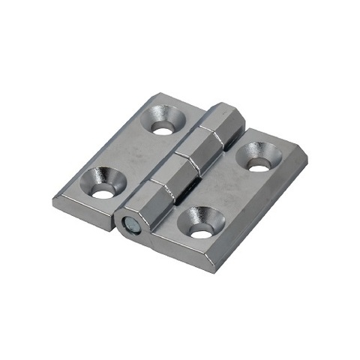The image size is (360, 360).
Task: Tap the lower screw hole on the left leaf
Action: click(103, 193)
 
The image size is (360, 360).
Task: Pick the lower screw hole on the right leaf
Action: click(201, 232)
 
